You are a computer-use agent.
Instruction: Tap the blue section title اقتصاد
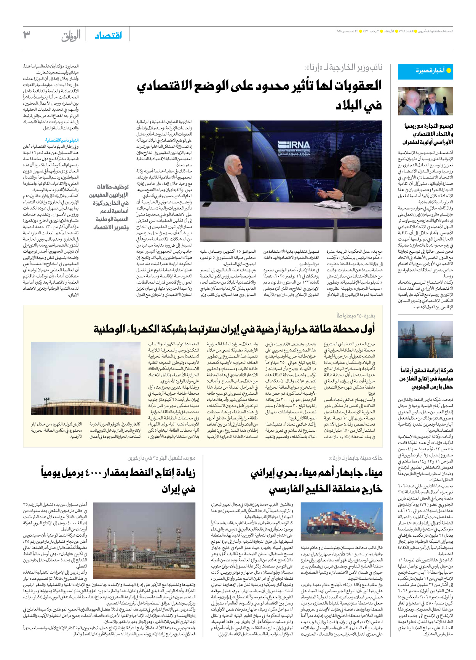pos(108,35)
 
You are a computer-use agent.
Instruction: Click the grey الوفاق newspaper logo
pos(71,36)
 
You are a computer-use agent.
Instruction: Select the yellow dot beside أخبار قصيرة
pos(449,70)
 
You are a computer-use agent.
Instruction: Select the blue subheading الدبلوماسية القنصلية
pos(62,140)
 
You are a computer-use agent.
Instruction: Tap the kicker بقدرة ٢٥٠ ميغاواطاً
pos(356,316)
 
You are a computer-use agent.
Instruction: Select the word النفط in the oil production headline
pos(143,473)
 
